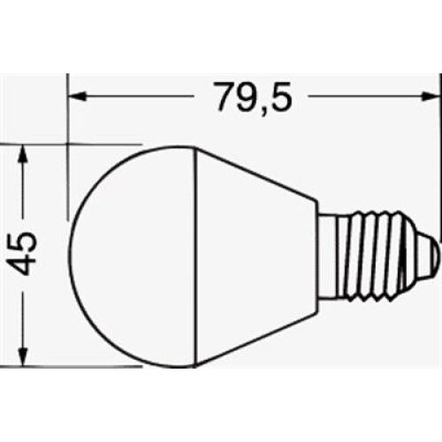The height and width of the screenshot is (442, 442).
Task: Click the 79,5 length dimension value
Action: (x=252, y=95)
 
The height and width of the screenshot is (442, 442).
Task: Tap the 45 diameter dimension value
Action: (x=26, y=253)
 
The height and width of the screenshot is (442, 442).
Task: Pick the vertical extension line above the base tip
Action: (x=439, y=159)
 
